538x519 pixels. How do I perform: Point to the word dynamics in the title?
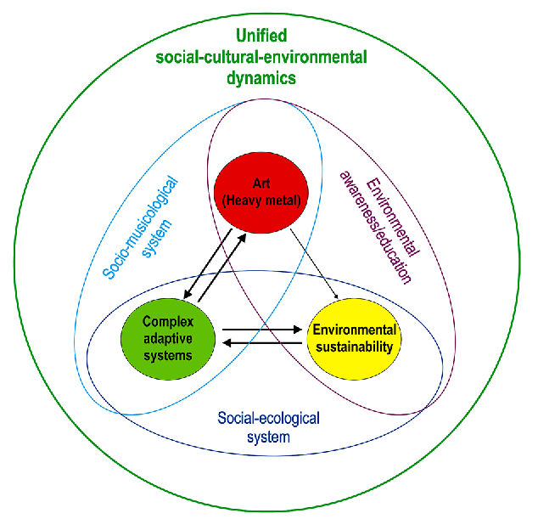[x=261, y=78]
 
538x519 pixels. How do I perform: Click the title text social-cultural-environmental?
[x=261, y=58]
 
